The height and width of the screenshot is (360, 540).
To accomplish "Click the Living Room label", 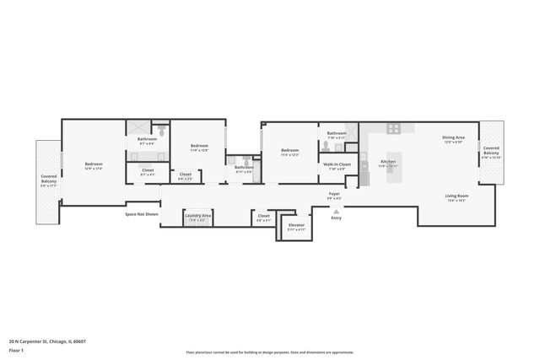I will click(x=457, y=196).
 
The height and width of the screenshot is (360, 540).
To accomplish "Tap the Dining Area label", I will click(x=453, y=138).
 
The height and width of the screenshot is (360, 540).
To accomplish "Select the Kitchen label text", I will click(x=388, y=161).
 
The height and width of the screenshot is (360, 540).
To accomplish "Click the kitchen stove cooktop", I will click(x=392, y=128).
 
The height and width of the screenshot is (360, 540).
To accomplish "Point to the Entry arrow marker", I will click(x=336, y=211).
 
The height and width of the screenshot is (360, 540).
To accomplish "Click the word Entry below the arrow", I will click(x=336, y=218).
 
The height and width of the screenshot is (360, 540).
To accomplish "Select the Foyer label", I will click(x=334, y=194).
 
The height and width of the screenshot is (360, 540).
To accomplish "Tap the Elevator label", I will click(x=296, y=225).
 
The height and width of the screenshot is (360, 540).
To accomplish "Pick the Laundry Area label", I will click(x=198, y=216).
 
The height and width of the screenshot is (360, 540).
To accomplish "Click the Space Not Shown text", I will click(x=142, y=214).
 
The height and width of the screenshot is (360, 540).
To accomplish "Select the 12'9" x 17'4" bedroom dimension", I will click(x=93, y=169).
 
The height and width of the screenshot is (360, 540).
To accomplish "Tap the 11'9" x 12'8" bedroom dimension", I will click(x=199, y=150).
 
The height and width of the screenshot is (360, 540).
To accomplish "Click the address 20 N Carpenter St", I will click(x=47, y=341).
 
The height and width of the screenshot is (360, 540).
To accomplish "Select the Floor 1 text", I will click(x=17, y=351).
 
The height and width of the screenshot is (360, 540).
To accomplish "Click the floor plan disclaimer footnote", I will click(x=270, y=352).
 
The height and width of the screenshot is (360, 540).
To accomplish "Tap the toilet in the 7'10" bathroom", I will click(x=325, y=145).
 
